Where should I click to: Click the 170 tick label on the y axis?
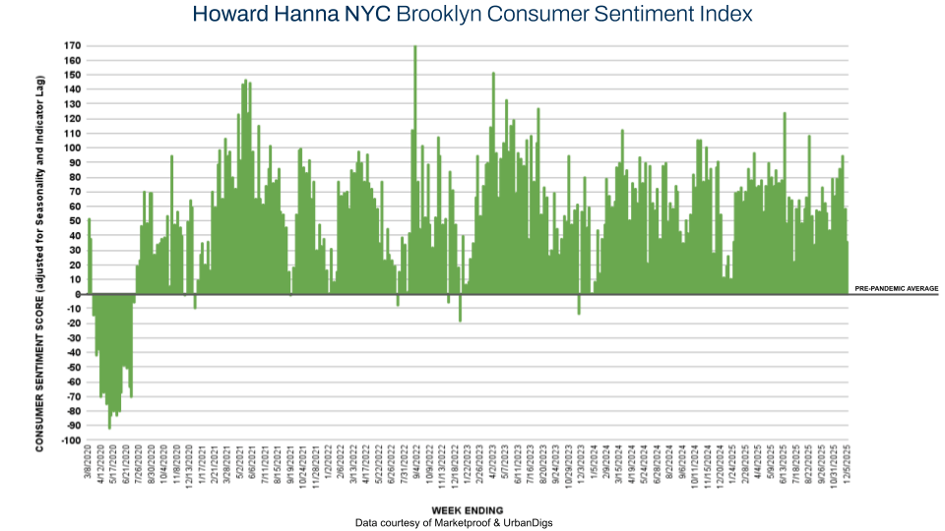[71, 46]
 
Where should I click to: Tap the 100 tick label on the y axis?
[71, 148]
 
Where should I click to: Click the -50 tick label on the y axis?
[71, 368]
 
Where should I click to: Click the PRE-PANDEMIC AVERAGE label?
[896, 289]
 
